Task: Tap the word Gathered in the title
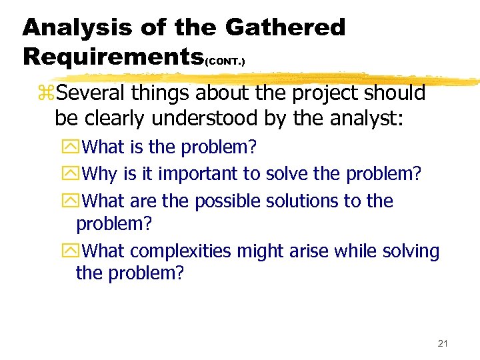point(285,27)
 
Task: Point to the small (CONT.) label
point(225,61)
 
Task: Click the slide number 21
point(443,343)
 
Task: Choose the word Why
point(102,174)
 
